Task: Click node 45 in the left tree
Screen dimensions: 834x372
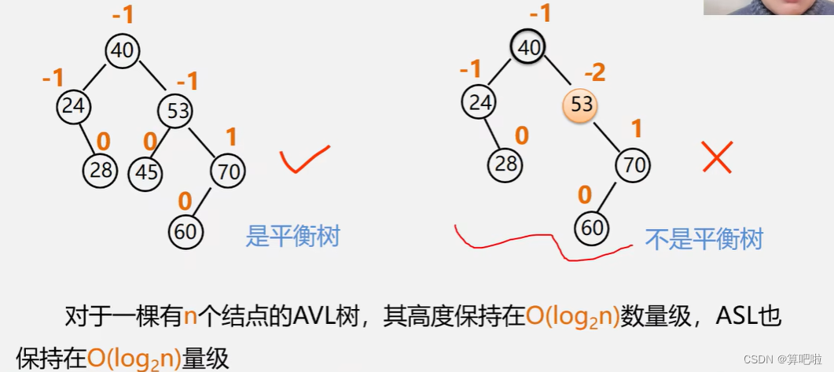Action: coord(146,172)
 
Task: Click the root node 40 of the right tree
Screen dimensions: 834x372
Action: coord(528,48)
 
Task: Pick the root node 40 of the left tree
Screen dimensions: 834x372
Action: coord(123,50)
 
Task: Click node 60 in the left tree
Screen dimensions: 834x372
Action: coord(186,231)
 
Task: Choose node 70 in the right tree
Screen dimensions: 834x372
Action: coord(634,165)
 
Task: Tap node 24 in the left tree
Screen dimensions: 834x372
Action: coord(73,105)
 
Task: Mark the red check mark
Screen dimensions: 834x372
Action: coord(303,160)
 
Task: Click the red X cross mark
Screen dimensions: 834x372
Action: coord(717,158)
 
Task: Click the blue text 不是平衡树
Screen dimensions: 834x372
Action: coord(704,238)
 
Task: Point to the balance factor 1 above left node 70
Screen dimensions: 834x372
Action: coord(230,137)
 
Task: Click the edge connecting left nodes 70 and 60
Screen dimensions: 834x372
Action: coord(206,201)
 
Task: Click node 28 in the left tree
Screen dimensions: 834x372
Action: coord(100,170)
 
